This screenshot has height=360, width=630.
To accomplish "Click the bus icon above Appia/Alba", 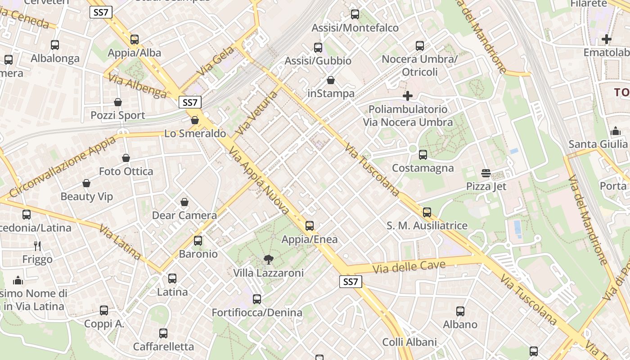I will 135,39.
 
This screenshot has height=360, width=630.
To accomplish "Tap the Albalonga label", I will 55,58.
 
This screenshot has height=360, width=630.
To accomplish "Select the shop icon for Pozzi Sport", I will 118,102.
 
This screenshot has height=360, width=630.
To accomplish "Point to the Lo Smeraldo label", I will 195,133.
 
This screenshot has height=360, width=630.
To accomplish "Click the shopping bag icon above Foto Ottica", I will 126,158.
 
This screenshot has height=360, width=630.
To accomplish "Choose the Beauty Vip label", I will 86,196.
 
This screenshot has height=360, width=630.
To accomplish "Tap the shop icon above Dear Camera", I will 184,202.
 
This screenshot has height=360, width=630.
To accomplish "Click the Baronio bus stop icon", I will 198,241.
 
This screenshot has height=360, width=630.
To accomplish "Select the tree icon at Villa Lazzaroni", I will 268,259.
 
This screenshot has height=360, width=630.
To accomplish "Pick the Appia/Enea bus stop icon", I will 310,226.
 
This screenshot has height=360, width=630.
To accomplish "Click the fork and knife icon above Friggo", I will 37,246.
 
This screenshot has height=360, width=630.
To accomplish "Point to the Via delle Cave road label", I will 409,266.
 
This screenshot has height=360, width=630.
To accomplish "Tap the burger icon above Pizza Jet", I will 486,173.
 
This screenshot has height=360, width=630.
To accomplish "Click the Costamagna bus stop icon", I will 423,155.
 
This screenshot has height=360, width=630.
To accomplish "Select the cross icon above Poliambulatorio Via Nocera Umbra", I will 408,96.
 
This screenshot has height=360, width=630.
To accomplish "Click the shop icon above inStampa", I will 331,80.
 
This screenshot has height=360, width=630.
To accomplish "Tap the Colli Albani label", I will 409,342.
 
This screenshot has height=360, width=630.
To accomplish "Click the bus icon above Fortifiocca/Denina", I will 257,299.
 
